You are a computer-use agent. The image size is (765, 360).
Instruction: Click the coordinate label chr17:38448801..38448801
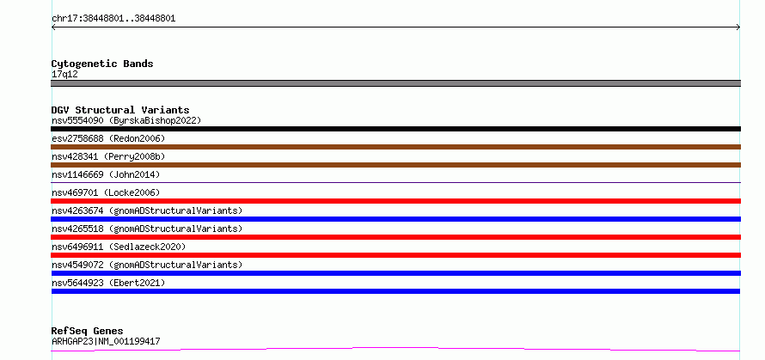[113, 19]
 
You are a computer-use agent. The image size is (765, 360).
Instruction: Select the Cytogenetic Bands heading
[102, 64]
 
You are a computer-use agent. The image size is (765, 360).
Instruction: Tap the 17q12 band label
[64, 75]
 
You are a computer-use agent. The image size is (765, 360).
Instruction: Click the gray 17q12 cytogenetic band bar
[395, 83]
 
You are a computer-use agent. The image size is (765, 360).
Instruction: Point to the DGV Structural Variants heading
[120, 110]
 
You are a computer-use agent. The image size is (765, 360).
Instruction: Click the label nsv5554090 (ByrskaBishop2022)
[126, 120]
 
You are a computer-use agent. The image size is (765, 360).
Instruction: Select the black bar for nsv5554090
[395, 129]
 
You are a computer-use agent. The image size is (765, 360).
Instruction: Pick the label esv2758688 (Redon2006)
[108, 138]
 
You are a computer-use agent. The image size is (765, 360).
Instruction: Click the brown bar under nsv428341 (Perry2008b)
[395, 165]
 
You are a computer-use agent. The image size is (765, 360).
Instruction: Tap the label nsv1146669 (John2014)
[106, 174]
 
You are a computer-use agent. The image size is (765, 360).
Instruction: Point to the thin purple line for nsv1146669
[395, 182]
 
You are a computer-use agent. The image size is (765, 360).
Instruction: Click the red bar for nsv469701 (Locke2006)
[395, 201]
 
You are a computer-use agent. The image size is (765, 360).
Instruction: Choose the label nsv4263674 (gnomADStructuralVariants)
[147, 211]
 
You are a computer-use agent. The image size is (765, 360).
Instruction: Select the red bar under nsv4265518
[395, 237]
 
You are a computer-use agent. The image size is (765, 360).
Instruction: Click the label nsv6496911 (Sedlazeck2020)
[119, 247]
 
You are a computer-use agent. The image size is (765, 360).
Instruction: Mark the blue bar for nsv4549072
[395, 273]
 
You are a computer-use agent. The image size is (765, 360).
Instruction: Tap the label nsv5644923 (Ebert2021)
[108, 283]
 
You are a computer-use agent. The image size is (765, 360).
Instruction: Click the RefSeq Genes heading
[88, 332]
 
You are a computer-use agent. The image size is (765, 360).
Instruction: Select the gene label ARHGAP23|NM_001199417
[106, 341]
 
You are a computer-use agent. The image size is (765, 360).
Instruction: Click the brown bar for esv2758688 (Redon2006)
[395, 147]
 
